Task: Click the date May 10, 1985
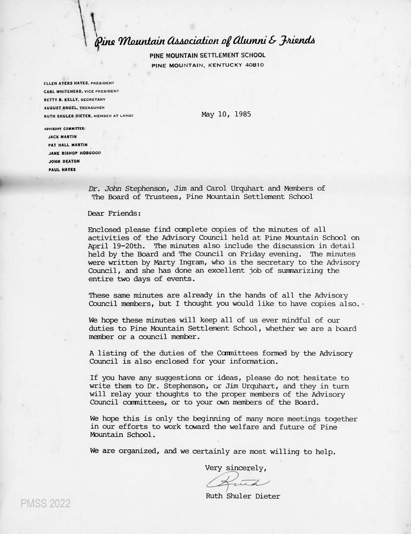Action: (226, 114)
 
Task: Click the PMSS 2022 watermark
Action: (45, 504)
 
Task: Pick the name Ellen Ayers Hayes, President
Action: (79, 83)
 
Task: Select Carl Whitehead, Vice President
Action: (81, 91)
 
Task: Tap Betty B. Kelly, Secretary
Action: (74, 100)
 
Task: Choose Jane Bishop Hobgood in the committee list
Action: (75, 153)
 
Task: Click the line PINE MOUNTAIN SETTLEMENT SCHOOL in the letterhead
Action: (207, 55)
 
